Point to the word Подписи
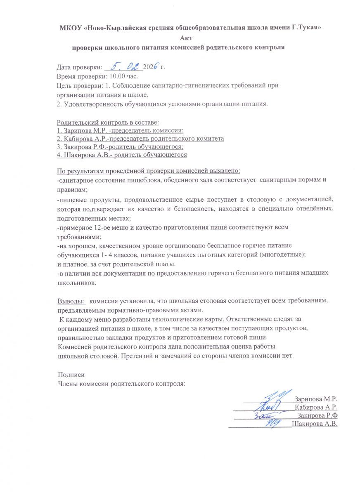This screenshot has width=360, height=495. [71, 375]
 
